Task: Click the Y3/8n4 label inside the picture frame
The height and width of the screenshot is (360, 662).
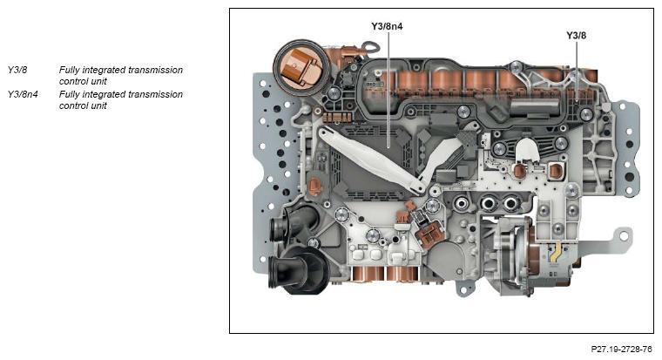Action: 387,26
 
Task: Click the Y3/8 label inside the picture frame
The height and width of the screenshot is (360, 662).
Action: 577,35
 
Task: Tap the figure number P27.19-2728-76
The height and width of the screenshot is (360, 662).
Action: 621,349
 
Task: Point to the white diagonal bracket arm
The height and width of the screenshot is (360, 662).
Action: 366,157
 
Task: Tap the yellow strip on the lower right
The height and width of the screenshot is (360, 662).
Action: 555,255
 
